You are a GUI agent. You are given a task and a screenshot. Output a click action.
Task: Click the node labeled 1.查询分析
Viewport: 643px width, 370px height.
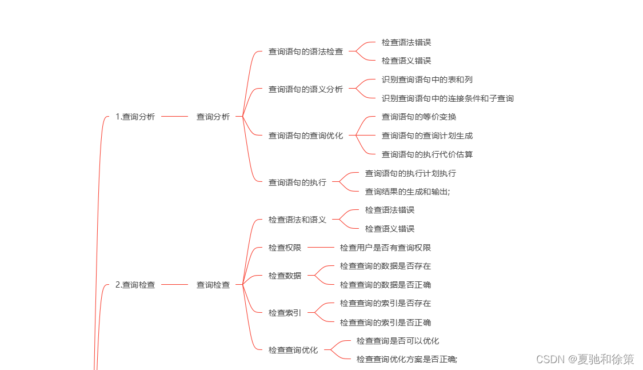(x=135, y=117)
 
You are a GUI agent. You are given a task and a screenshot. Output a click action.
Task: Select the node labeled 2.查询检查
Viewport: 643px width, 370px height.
(x=135, y=284)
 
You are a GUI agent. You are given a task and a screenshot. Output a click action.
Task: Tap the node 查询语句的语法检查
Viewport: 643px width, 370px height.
(x=306, y=51)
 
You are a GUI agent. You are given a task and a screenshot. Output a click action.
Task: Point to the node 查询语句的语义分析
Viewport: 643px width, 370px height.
(x=306, y=89)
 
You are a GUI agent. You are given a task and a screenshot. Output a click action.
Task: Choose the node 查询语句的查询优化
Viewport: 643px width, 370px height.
(x=306, y=136)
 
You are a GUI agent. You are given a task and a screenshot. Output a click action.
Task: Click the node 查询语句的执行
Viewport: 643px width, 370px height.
(x=297, y=182)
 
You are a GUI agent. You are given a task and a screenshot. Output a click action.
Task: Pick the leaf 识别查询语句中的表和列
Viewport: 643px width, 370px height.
(x=427, y=79)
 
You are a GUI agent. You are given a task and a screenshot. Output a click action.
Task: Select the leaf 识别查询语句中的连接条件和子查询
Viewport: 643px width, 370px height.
(x=448, y=98)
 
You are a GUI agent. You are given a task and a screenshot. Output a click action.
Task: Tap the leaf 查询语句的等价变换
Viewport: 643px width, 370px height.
(x=419, y=117)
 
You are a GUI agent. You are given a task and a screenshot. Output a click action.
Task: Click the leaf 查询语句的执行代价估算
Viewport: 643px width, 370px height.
(x=427, y=154)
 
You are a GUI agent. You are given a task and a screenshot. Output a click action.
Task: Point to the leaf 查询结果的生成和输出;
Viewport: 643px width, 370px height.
(x=408, y=192)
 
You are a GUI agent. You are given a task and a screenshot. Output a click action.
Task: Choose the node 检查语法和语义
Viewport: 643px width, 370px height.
(x=297, y=220)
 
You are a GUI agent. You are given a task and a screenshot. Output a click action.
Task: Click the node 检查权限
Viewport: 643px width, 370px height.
(x=285, y=248)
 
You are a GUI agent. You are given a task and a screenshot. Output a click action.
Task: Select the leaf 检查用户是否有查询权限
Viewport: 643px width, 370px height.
(x=385, y=248)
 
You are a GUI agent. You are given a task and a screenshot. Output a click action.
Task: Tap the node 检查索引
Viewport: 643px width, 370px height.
(x=285, y=313)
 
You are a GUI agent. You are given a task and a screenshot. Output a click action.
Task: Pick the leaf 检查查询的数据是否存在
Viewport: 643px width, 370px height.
(x=385, y=266)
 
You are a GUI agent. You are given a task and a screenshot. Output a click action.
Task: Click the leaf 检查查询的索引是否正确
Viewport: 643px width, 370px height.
(x=385, y=323)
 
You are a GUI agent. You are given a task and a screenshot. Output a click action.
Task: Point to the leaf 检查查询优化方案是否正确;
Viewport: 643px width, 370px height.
(x=407, y=359)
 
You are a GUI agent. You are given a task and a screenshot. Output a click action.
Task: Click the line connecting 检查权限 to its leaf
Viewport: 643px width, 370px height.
(x=320, y=248)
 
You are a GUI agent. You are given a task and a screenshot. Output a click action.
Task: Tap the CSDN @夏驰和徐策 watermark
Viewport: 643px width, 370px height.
(x=585, y=359)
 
